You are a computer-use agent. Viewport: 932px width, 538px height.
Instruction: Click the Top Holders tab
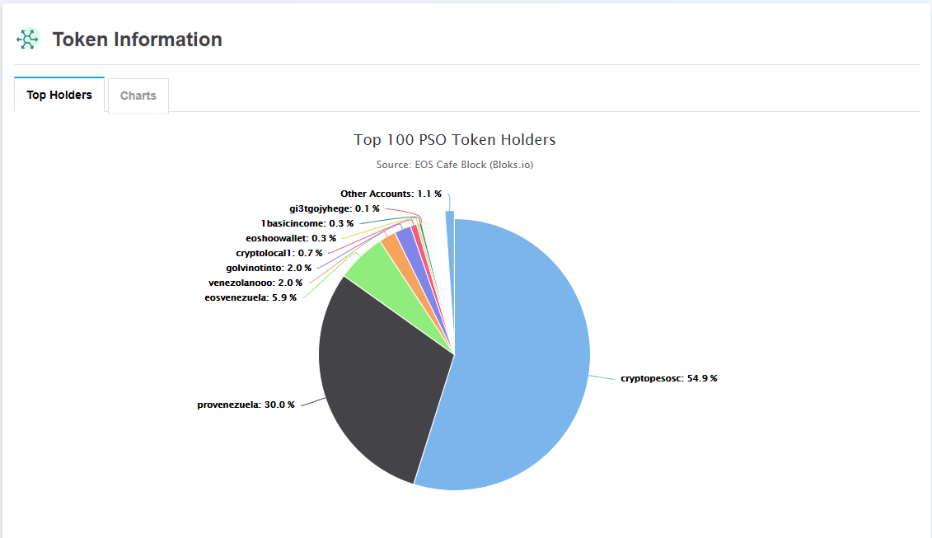(x=59, y=95)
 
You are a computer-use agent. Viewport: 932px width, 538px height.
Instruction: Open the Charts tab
(x=138, y=96)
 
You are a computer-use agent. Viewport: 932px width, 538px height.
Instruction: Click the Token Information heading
(x=137, y=40)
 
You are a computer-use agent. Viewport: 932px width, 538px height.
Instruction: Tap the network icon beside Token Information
(x=28, y=39)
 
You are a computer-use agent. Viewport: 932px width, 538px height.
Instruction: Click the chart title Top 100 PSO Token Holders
(x=454, y=140)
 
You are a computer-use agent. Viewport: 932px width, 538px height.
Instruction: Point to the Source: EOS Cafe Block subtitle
(x=454, y=165)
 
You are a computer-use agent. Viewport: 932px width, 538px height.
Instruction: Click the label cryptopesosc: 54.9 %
(x=668, y=378)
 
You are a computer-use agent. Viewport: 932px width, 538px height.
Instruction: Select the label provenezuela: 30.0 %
(x=246, y=405)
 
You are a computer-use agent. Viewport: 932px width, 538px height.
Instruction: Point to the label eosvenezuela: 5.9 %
(x=251, y=297)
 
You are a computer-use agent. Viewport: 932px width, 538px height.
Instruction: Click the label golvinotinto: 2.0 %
(x=269, y=268)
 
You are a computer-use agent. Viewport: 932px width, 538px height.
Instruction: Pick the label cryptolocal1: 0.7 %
(x=279, y=253)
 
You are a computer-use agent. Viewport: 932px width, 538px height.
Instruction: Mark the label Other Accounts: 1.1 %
(x=391, y=194)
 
